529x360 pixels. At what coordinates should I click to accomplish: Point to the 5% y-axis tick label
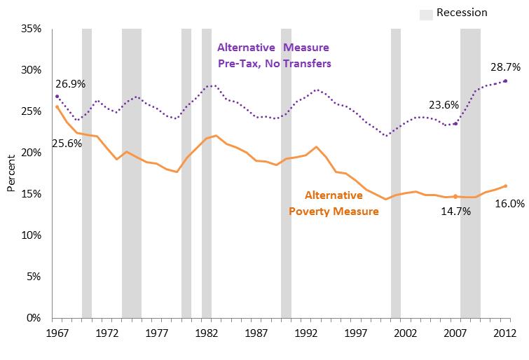point(36,277)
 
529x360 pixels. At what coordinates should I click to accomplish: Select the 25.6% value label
point(66,143)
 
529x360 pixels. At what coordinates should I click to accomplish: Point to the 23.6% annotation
point(444,105)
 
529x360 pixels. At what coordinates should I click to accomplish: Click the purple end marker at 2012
point(505,81)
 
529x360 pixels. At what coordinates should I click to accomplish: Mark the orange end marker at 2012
point(505,186)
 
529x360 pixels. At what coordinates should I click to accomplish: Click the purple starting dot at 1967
point(57,96)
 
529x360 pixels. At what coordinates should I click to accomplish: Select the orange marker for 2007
point(455,197)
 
